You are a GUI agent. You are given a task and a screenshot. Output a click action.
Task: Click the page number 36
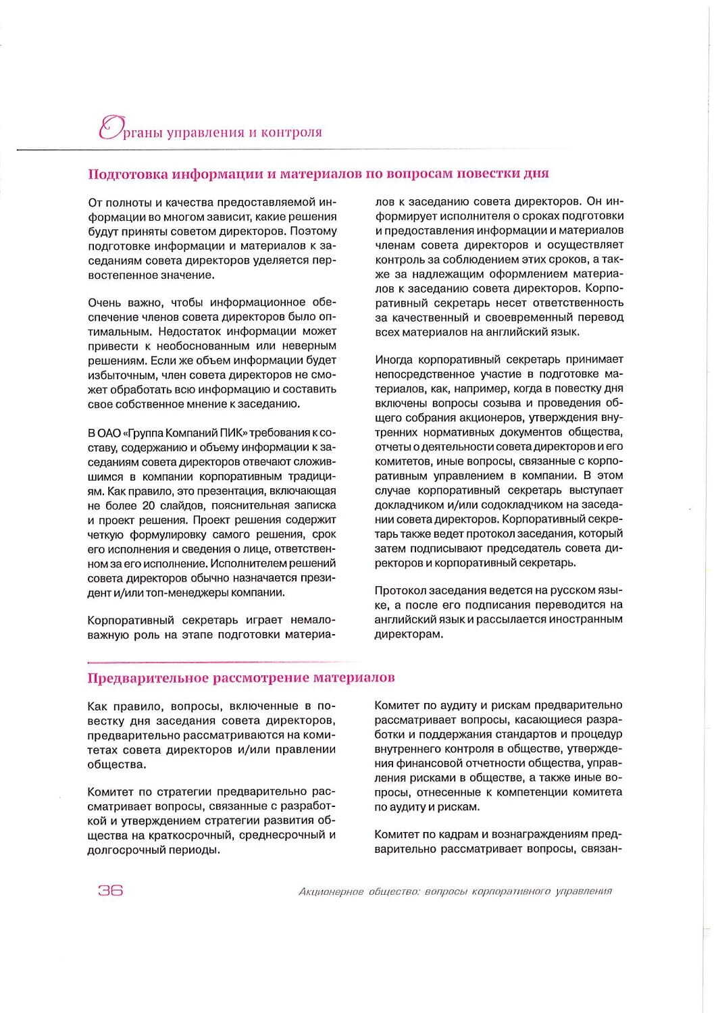pyautogui.click(x=111, y=890)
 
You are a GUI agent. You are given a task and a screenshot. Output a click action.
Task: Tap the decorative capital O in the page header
pyautogui.click(x=109, y=129)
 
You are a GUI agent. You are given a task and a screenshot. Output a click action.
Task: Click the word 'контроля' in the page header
pyautogui.click(x=295, y=132)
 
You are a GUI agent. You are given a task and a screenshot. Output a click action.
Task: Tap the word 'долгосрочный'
pyautogui.click(x=120, y=850)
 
